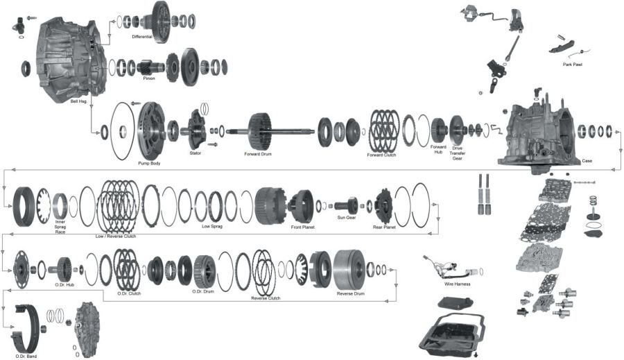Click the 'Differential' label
(142, 35)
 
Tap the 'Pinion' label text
(149, 78)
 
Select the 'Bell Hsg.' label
(79, 101)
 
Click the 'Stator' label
(195, 153)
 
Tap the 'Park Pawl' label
(572, 65)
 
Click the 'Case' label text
(587, 160)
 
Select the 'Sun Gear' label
(346, 217)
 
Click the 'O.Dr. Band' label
(26, 356)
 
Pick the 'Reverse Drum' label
(350, 293)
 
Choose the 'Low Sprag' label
(211, 227)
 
